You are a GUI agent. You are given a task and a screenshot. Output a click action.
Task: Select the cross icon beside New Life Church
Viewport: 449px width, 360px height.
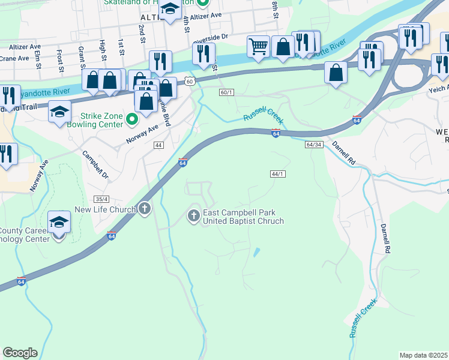coord(144,209)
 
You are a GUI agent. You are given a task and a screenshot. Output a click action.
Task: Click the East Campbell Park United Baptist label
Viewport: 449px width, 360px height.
coord(243,217)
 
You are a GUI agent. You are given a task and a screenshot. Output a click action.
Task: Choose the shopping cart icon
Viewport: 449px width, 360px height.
coord(258,46)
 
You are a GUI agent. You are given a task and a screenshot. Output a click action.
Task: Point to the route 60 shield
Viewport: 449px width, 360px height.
coord(190,80)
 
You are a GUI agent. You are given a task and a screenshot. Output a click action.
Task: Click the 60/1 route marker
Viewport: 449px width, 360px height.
coord(226,92)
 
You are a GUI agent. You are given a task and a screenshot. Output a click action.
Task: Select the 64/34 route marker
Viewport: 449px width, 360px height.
coord(314,145)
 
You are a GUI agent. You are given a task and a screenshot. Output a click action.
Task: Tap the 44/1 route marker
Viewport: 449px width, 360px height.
coord(277,174)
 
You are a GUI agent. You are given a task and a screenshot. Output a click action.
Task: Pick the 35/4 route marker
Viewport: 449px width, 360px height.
coord(101,199)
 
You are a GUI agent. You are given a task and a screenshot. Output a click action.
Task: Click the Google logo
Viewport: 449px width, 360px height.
coord(20,353)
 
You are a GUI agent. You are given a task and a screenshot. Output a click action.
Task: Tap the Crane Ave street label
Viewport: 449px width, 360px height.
coord(14,58)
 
